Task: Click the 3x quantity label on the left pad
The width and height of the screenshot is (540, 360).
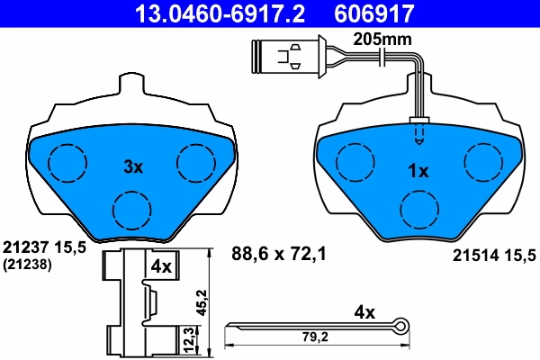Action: (133, 166)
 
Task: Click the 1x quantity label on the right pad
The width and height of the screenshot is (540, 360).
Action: (418, 170)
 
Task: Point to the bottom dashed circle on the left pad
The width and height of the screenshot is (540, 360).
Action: (132, 211)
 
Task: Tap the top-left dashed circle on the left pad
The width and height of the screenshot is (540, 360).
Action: (66, 162)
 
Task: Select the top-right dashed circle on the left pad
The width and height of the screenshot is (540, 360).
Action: (196, 162)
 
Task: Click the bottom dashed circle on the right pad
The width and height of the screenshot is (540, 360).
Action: (418, 211)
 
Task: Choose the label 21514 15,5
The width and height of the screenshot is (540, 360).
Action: (491, 256)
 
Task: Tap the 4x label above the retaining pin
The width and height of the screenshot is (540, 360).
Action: (364, 314)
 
